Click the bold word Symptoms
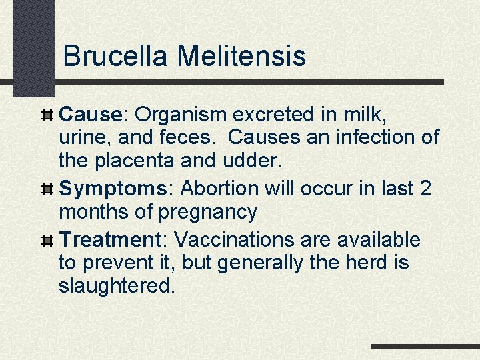tap(117, 189)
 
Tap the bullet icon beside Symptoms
tap(47, 189)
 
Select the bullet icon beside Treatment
tap(47, 240)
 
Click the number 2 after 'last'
tap(425, 189)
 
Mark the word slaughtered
tap(117, 286)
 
